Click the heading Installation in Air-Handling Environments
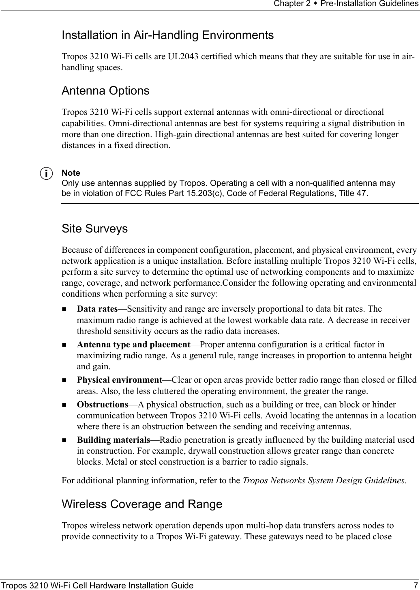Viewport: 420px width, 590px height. pos(167,35)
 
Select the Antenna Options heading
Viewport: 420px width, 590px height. pos(105,90)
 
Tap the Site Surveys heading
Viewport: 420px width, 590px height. pos(94,229)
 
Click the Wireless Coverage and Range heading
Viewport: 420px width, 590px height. pos(142,504)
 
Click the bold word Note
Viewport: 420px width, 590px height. pos(71,173)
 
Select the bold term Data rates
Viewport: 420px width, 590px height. pos(97,298)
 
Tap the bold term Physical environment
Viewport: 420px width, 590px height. pos(120,380)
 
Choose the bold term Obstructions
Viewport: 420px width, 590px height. pos(103,405)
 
